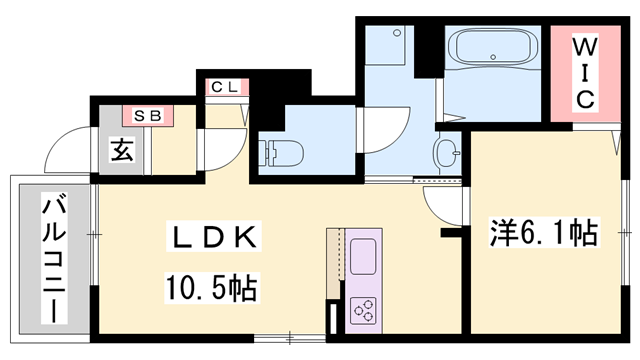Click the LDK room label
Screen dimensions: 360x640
[x=214, y=238]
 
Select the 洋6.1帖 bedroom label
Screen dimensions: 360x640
[x=543, y=234]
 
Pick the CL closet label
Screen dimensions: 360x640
[x=224, y=87]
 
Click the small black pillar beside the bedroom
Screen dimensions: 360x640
[x=451, y=234]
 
